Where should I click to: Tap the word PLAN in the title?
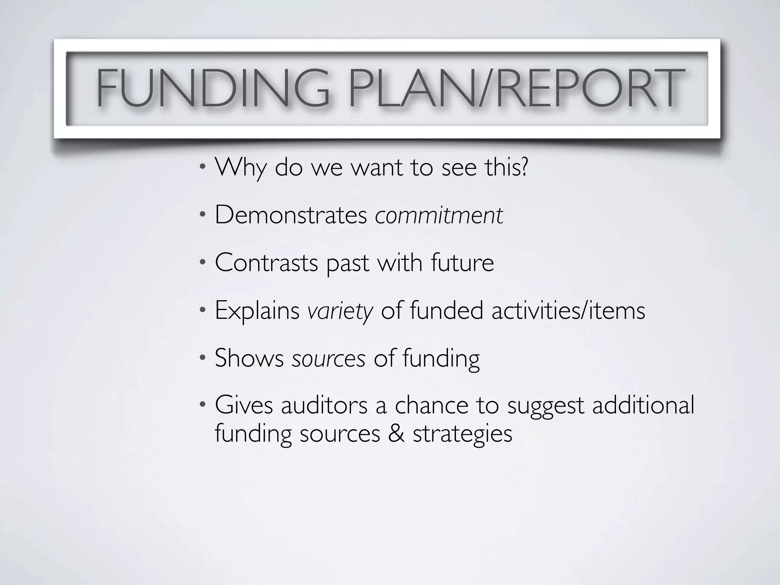click(411, 88)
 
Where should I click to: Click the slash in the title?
click(483, 88)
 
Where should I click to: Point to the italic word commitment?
click(439, 215)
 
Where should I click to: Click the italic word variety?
click(340, 311)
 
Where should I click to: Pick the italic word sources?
click(329, 359)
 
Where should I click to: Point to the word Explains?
click(257, 311)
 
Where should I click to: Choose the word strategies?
click(462, 434)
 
